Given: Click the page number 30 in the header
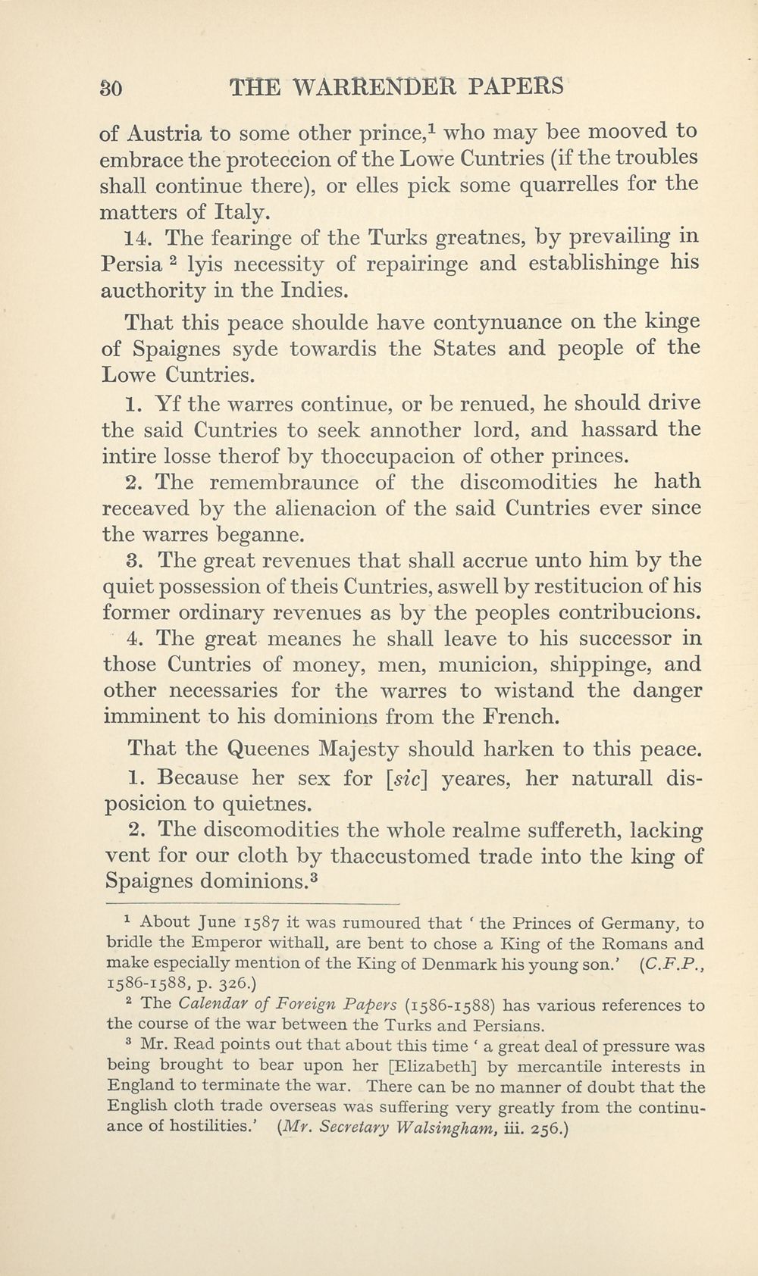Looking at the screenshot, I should [x=111, y=87].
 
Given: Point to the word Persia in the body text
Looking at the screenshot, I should [x=129, y=265].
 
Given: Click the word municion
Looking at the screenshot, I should [x=464, y=665].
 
